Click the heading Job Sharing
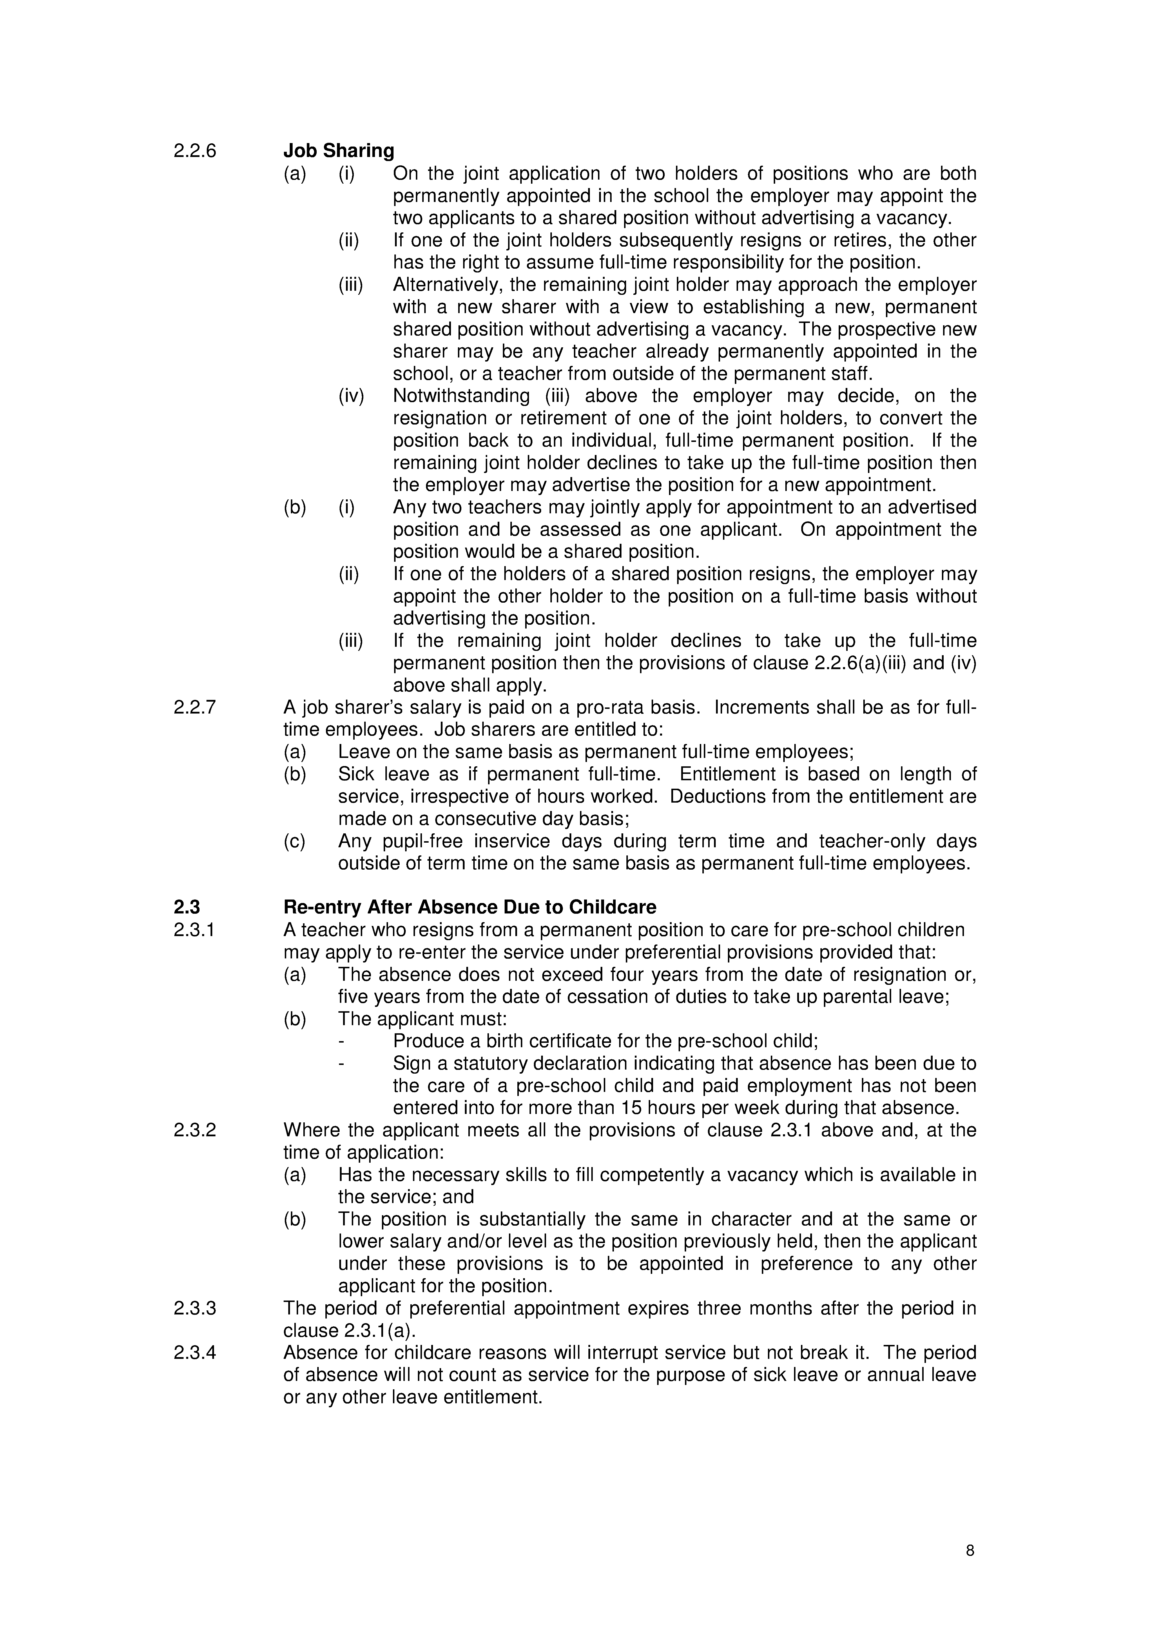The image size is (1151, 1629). click(x=338, y=151)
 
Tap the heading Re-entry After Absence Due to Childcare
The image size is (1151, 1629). click(x=470, y=907)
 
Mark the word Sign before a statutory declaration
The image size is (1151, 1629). click(x=410, y=1063)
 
